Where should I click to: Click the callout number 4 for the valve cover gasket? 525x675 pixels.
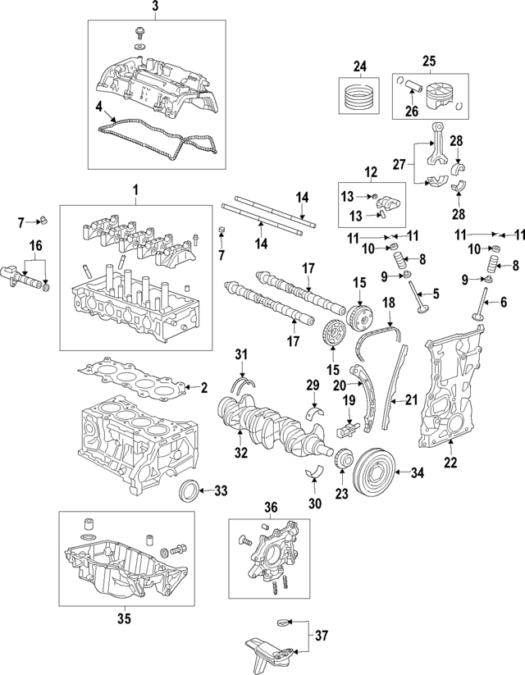98,106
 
